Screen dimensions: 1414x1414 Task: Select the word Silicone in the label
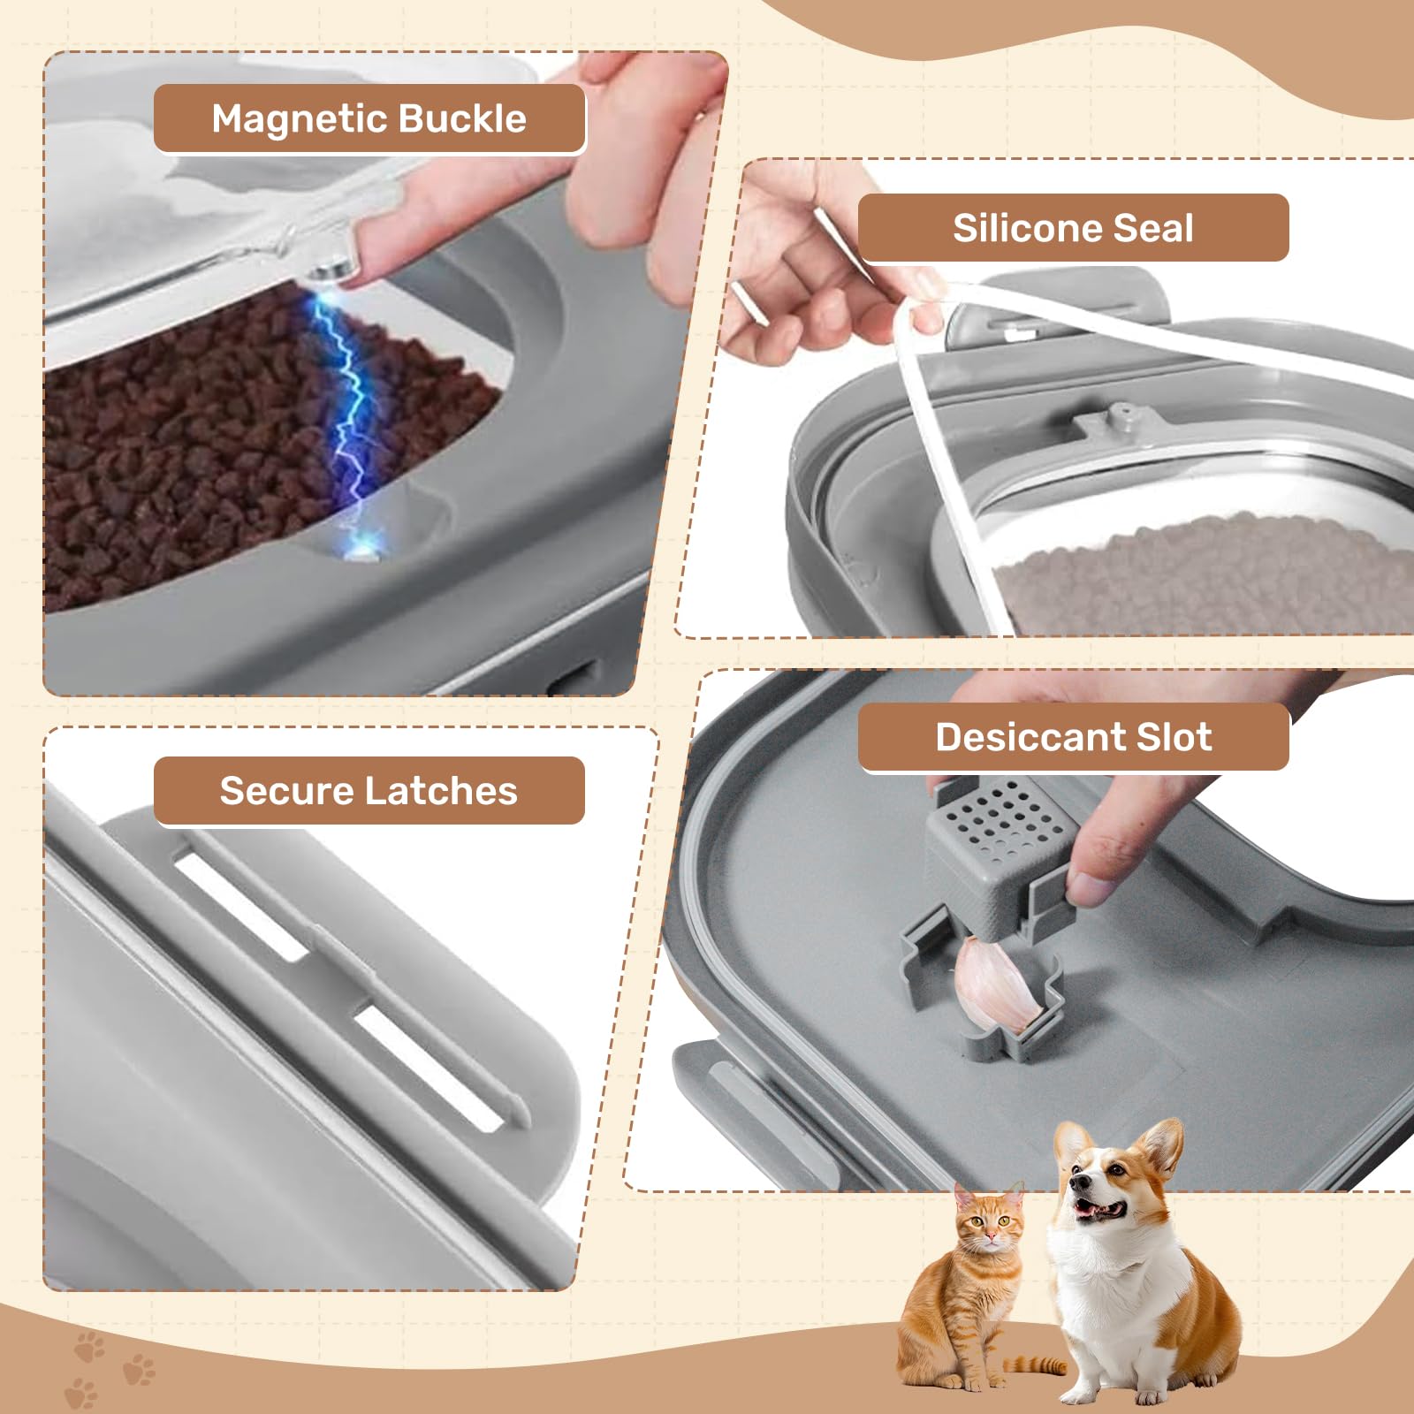coord(1026,228)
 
